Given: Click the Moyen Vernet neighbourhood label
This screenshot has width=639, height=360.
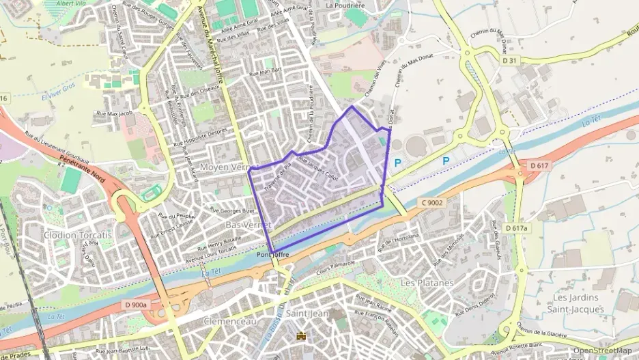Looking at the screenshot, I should [226, 167].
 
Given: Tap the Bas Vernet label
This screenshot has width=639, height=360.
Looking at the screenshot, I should [248, 224].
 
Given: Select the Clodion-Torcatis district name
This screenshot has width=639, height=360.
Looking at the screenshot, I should [77, 234].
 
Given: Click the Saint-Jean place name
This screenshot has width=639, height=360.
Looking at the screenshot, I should [307, 314].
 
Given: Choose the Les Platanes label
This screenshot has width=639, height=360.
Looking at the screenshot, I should [427, 282].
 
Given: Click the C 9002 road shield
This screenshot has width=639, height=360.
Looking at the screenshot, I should [431, 202].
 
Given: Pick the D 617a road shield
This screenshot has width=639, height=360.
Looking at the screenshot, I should [517, 227].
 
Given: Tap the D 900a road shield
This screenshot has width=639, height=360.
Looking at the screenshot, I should [137, 305].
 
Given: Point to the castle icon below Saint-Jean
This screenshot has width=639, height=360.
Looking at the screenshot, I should [301, 335].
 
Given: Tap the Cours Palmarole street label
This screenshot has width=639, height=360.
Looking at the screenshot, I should [338, 263].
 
